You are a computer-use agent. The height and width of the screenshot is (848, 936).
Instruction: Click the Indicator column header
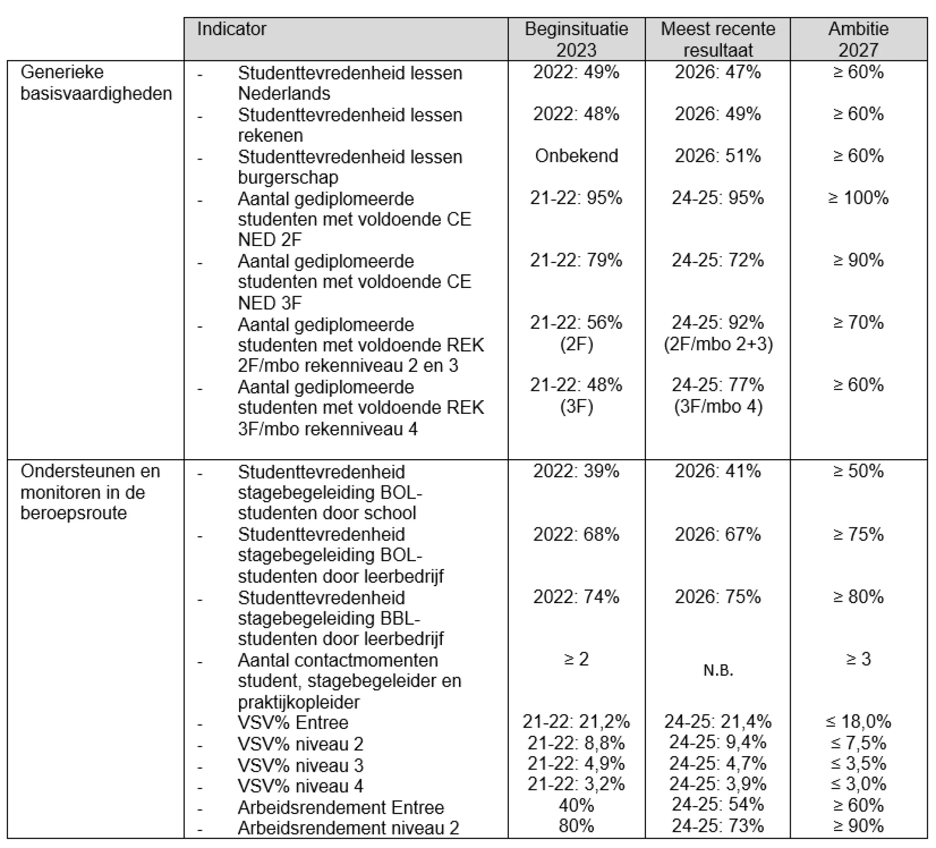[x=232, y=29]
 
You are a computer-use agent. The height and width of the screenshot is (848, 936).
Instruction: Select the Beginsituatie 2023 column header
[x=577, y=39]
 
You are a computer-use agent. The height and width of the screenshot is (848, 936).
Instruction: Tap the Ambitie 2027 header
[x=858, y=39]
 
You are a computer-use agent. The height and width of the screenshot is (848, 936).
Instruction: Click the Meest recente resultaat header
[x=718, y=39]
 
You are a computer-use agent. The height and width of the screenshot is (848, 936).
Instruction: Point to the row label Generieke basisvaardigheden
[x=96, y=82]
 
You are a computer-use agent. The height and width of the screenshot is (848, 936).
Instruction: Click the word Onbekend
[x=577, y=156]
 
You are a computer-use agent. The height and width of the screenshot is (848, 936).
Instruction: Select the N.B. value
[x=718, y=670]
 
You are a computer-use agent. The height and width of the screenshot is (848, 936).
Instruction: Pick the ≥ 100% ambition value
[x=858, y=198]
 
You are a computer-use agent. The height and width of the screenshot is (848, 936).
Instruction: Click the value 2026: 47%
[x=718, y=72]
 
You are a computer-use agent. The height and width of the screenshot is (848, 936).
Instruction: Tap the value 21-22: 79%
[x=577, y=260]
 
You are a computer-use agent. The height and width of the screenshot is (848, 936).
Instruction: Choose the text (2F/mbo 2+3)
[x=718, y=344]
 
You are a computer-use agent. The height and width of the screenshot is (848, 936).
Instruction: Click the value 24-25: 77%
[x=718, y=385]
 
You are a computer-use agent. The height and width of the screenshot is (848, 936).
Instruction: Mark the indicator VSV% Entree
[x=293, y=722]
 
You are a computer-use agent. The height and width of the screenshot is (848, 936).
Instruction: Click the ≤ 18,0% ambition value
[x=858, y=721]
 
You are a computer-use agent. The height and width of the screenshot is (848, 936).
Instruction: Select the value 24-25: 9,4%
[x=718, y=742]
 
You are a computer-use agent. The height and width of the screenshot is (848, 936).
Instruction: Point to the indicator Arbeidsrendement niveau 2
[x=348, y=828]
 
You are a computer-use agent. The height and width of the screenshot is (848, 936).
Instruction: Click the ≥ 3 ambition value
[x=858, y=659]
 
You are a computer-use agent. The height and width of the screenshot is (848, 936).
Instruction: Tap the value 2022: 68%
[x=577, y=534]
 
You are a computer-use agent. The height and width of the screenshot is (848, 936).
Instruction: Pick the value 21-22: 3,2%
[x=577, y=784]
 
